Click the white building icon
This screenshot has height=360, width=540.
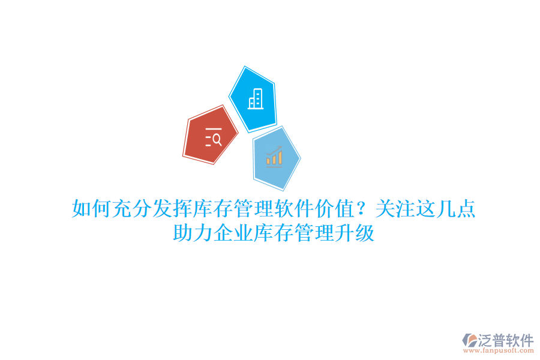click(x=256, y=98)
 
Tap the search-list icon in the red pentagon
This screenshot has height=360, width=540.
click(x=213, y=138)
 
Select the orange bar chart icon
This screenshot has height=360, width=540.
click(x=274, y=158)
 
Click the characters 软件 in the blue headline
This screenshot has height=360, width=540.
click(x=294, y=210)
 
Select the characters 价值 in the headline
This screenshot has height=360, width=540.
click(x=334, y=210)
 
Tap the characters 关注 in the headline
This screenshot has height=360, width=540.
click(x=395, y=210)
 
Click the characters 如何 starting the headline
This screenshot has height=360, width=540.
click(x=92, y=210)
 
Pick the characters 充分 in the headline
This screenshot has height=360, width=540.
click(x=132, y=210)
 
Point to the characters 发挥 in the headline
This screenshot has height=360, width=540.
click(x=173, y=210)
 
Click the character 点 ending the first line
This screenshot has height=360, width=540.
click(x=466, y=210)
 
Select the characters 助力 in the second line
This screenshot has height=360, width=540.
click(x=193, y=233)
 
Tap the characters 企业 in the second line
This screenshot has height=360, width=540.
click(x=233, y=233)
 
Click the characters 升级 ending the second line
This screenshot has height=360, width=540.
click(x=355, y=233)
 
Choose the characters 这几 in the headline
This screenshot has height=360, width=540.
click(x=436, y=210)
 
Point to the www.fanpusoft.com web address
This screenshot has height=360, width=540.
click(x=502, y=352)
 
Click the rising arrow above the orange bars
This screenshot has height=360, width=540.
click(x=275, y=148)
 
